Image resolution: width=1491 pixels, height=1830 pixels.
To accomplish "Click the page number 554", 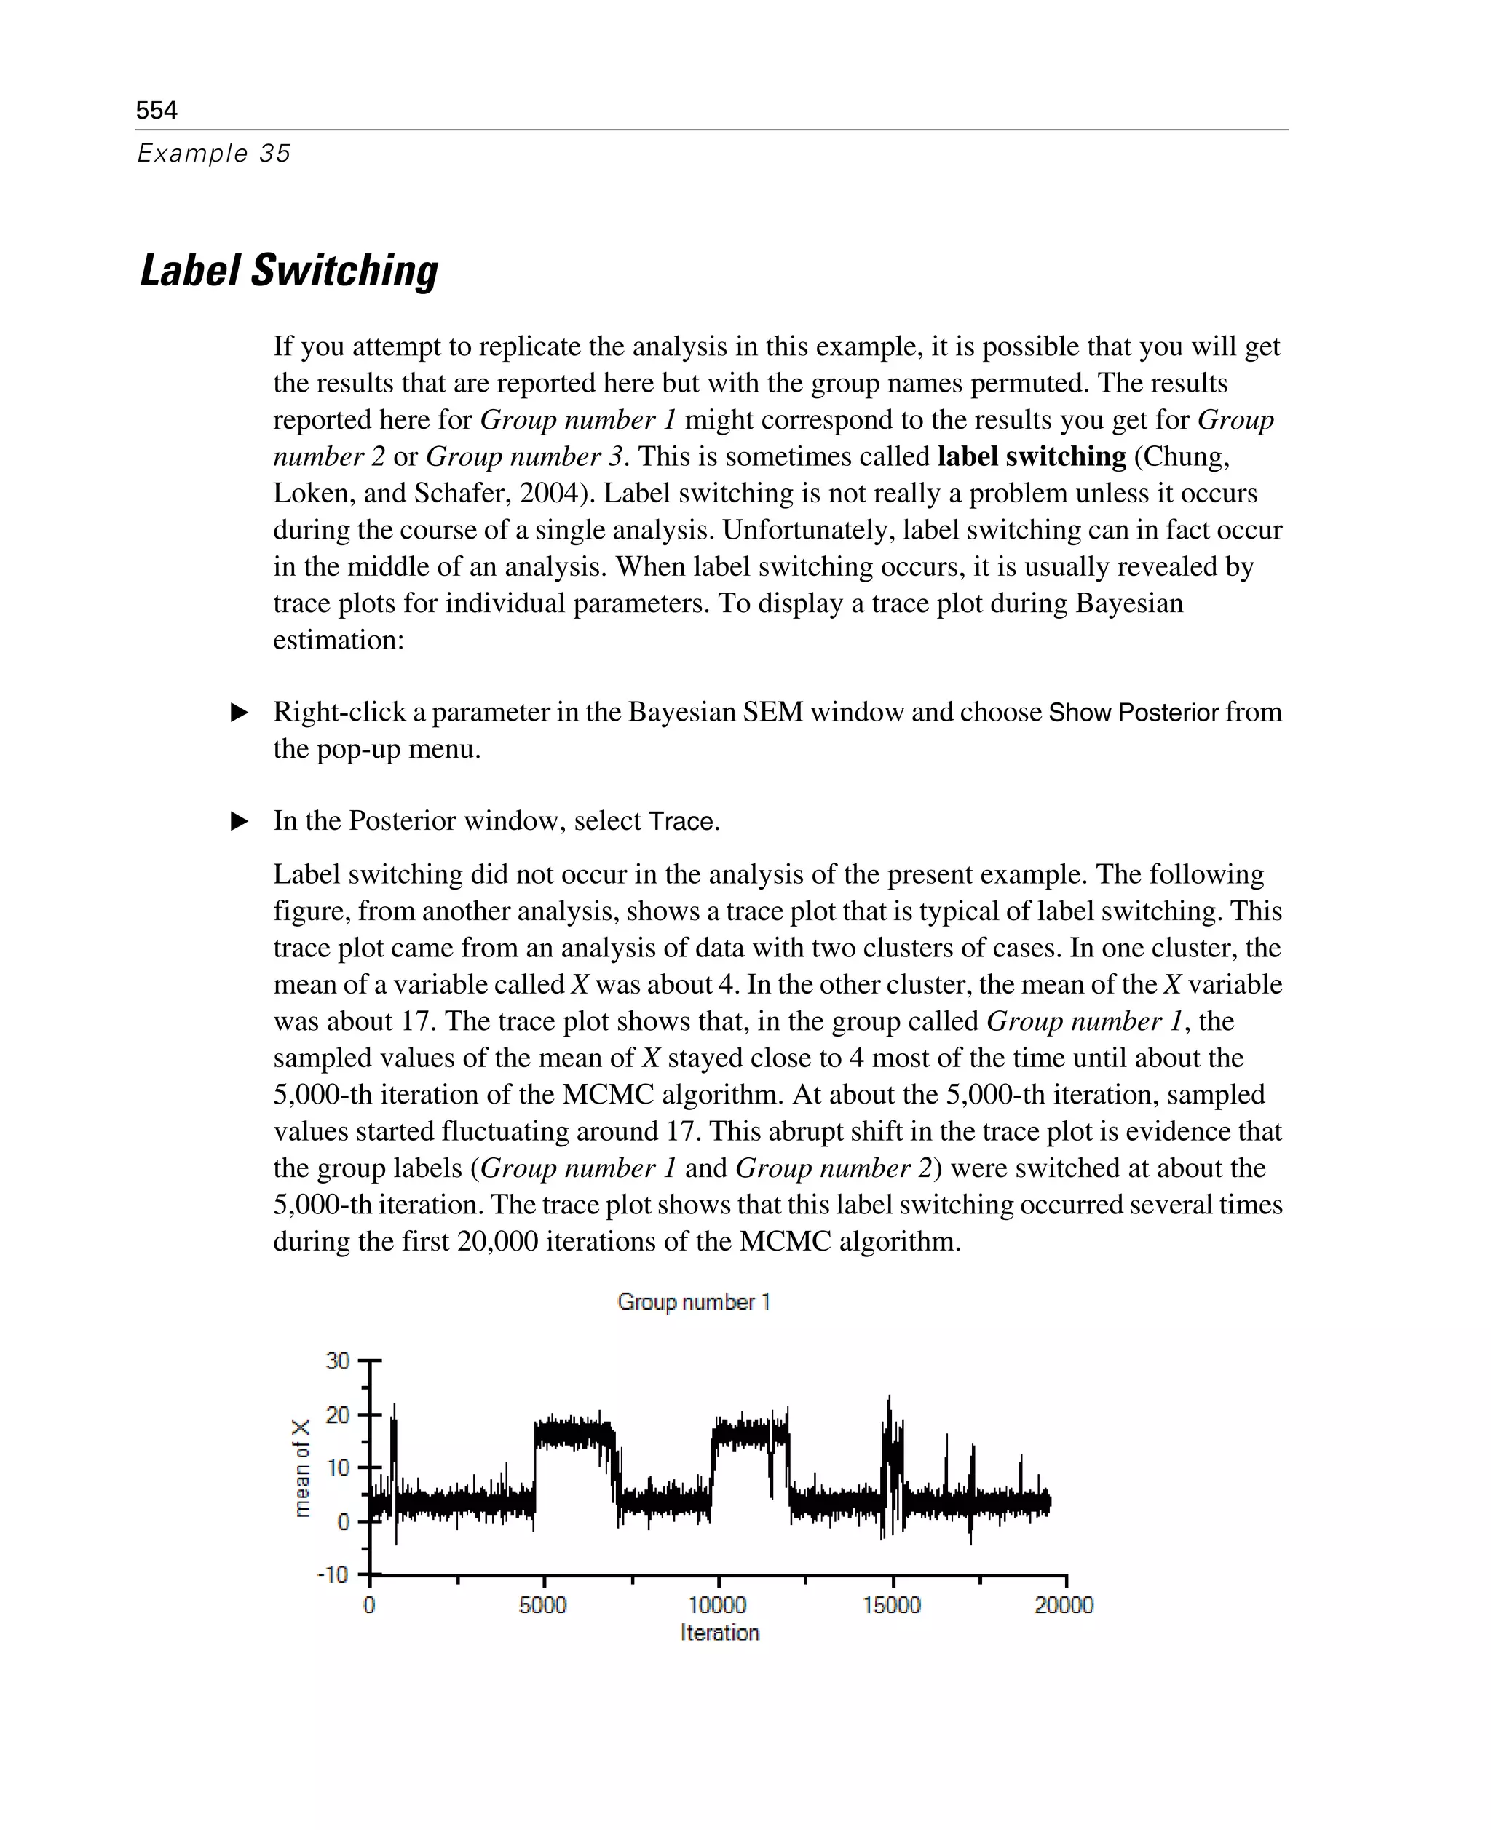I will (x=157, y=110).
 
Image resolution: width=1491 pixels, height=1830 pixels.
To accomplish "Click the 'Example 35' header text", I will (x=214, y=153).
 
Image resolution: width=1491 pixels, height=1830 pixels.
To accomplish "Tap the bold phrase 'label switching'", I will (x=1031, y=456).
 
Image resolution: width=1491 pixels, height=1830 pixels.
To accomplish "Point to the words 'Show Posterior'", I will (x=1133, y=712).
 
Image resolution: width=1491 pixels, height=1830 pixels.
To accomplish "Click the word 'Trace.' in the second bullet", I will (x=684, y=821).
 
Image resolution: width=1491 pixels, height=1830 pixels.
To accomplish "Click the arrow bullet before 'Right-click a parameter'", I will (x=240, y=712).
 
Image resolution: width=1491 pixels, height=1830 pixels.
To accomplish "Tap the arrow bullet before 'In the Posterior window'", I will (x=240, y=821).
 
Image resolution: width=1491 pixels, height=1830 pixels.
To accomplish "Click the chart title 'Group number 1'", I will (x=693, y=1302).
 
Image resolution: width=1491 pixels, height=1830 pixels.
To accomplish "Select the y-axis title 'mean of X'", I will (x=301, y=1468).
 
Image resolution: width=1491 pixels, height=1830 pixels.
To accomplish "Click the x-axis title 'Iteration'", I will (x=720, y=1633).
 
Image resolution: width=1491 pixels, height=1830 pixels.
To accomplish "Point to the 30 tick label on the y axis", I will (x=338, y=1361).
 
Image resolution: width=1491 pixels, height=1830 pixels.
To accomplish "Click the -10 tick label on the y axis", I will (x=333, y=1574).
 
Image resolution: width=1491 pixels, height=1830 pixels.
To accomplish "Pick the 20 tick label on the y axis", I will (x=338, y=1414).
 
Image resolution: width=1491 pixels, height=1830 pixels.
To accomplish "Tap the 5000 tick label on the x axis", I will (x=543, y=1605).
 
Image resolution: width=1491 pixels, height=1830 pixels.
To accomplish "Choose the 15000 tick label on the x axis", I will (x=892, y=1605).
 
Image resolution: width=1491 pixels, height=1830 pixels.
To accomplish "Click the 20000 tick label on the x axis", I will (x=1063, y=1605).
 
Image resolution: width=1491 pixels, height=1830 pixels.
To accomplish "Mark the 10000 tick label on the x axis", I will (x=717, y=1605).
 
